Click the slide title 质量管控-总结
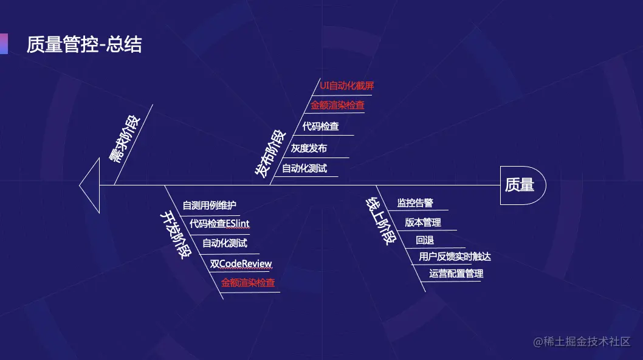(x=84, y=44)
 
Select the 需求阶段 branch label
(x=124, y=139)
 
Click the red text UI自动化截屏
(x=346, y=86)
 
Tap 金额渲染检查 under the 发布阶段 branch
(x=337, y=105)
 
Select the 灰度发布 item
(x=308, y=148)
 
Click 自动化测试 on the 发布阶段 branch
(x=304, y=168)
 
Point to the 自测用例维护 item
(x=210, y=206)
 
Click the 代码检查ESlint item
(x=219, y=224)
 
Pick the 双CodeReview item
(x=241, y=263)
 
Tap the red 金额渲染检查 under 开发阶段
(x=247, y=283)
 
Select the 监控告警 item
(x=415, y=203)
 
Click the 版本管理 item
(x=423, y=223)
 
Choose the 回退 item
(x=425, y=240)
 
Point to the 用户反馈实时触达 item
(x=455, y=257)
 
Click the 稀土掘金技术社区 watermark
(x=582, y=342)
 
